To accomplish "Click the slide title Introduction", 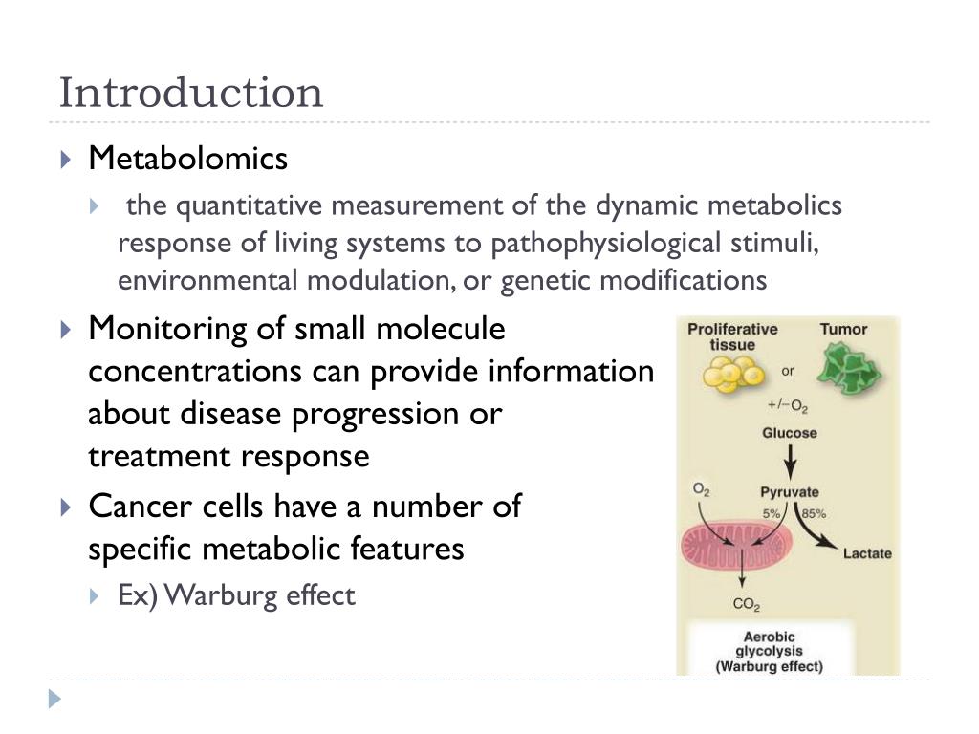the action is click(191, 94).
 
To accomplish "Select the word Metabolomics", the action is click(187, 159).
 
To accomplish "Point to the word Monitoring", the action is click(168, 329).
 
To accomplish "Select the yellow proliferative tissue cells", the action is click(732, 376).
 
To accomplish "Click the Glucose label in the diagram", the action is click(789, 433).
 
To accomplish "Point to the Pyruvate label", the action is click(789, 492).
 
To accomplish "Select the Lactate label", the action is click(866, 553).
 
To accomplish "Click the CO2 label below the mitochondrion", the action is click(746, 604).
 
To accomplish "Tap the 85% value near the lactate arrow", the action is click(814, 513).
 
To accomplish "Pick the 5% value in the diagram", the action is click(771, 513).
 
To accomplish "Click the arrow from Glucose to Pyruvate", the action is click(790, 462).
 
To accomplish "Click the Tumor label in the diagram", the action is click(843, 330).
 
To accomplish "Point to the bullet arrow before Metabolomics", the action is click(65, 160).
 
